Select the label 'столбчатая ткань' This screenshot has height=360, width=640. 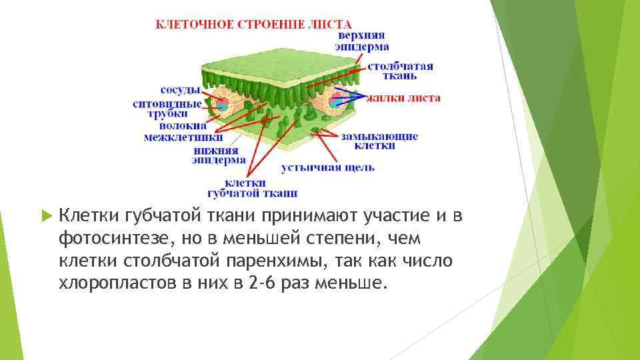(399, 71)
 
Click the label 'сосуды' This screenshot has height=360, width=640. (181, 89)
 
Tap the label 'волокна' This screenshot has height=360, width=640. (181, 125)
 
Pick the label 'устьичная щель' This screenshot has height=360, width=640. (327, 167)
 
